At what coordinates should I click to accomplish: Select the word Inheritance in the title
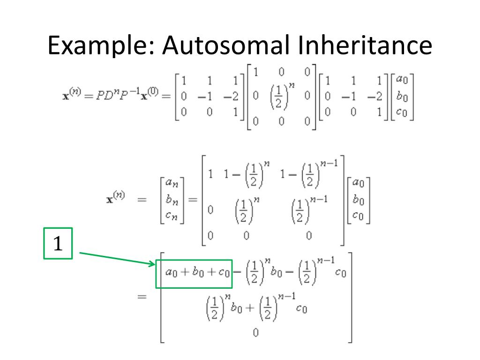pos(365,46)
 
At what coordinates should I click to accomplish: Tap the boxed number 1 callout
pos(58,244)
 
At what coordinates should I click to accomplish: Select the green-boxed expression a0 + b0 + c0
pos(193,274)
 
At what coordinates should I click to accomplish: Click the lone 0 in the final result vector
pos(255,332)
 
